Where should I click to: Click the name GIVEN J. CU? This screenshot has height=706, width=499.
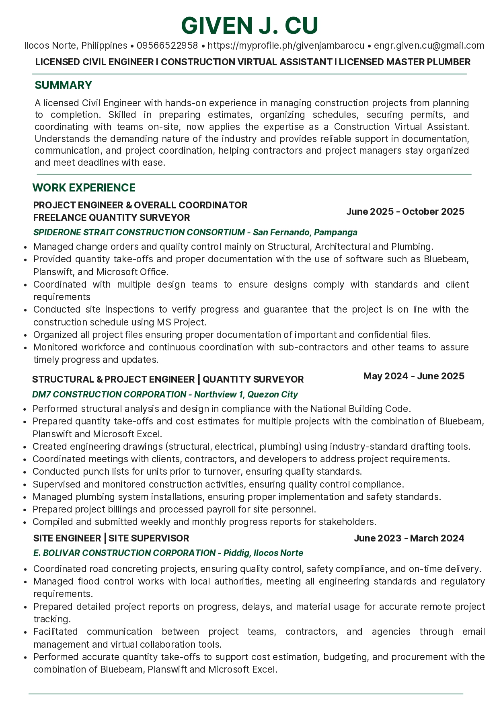click(249, 26)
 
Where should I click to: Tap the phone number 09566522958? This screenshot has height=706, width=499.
click(167, 45)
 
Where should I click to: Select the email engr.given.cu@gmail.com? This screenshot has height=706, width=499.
click(429, 45)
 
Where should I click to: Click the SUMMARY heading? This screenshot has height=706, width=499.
click(64, 85)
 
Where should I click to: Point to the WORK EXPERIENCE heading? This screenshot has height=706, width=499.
click(84, 188)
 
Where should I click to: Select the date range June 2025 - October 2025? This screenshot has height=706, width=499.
click(405, 212)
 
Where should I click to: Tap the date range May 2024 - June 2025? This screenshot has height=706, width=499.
click(414, 376)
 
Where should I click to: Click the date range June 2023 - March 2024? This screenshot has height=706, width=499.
click(409, 538)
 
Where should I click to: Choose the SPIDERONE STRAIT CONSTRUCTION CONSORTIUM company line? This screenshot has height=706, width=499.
click(195, 233)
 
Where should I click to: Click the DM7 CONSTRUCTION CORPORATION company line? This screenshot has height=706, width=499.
click(165, 395)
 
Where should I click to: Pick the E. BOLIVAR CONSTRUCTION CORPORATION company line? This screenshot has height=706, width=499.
click(168, 553)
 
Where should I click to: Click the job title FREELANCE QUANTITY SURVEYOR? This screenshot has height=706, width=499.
click(111, 218)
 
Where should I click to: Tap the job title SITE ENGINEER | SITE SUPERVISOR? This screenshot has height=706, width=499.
click(111, 538)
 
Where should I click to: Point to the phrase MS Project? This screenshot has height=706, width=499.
click(181, 322)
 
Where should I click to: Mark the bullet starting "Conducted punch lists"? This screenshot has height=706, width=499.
click(197, 471)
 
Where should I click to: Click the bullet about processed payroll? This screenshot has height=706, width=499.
click(174, 509)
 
